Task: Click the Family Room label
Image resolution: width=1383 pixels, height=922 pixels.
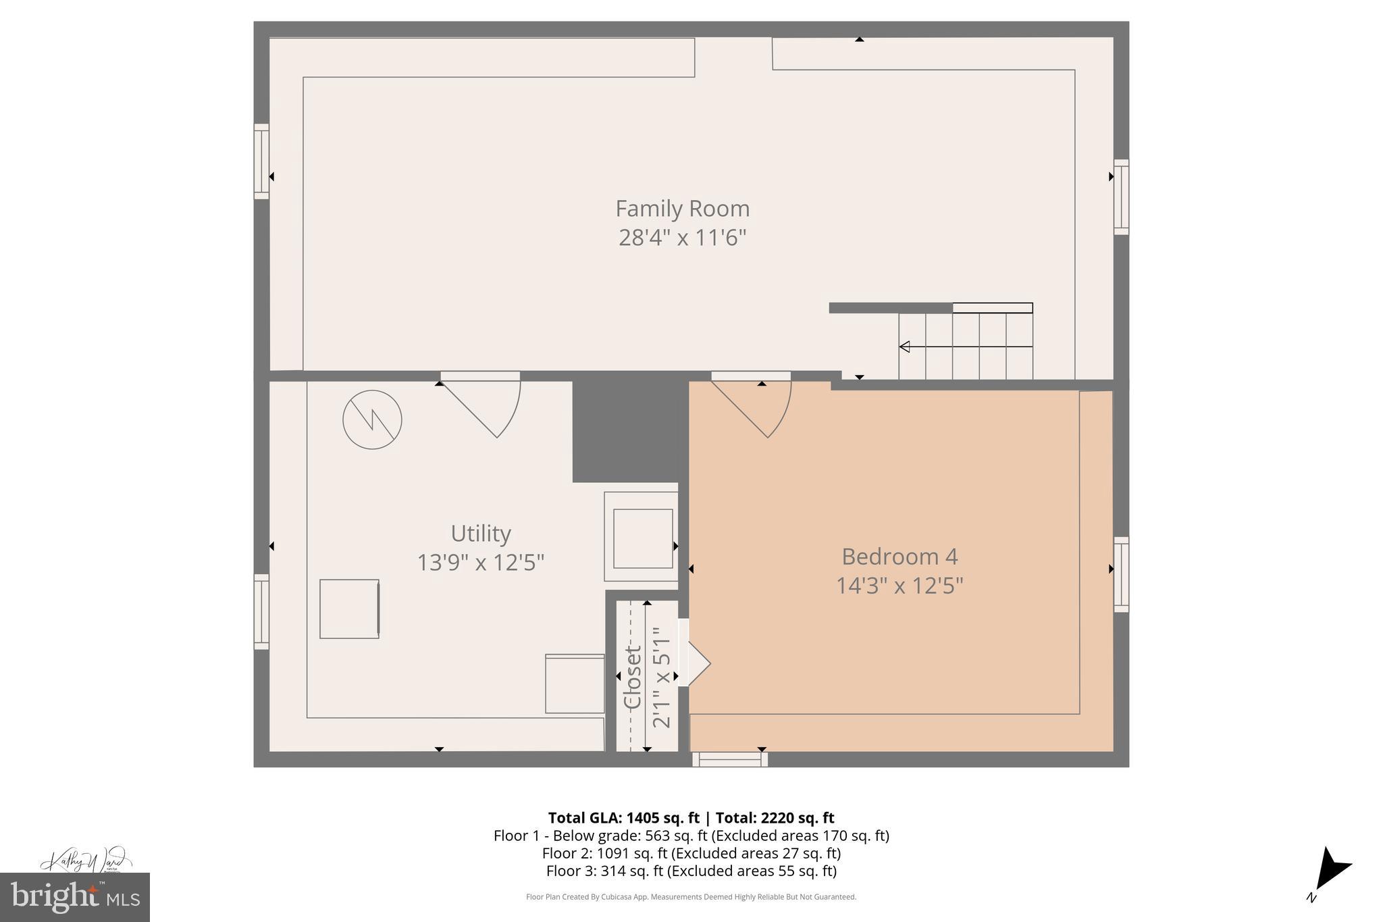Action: pyautogui.click(x=682, y=209)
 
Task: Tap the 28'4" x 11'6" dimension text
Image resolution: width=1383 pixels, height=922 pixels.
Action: pyautogui.click(x=682, y=238)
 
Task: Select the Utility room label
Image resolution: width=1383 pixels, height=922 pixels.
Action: pyautogui.click(x=480, y=534)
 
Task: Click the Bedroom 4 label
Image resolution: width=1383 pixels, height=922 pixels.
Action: pyautogui.click(x=899, y=557)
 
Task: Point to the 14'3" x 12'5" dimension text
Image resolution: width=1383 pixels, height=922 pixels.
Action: pyautogui.click(x=899, y=586)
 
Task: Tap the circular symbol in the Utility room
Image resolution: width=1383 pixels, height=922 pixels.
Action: pyautogui.click(x=372, y=420)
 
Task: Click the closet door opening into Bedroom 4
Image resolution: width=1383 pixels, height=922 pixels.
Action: pyautogui.click(x=696, y=663)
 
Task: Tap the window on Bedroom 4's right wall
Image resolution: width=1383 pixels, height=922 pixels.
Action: pyautogui.click(x=1121, y=574)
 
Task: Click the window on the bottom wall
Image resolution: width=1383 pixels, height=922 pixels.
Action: pyautogui.click(x=729, y=759)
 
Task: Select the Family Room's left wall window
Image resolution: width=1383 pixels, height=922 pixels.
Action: pyautogui.click(x=261, y=161)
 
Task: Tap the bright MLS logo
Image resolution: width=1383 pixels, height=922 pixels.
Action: pyautogui.click(x=74, y=897)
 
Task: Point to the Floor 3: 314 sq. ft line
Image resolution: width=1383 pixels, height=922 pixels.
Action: pyautogui.click(x=691, y=871)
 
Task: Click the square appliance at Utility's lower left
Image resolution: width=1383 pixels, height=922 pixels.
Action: pyautogui.click(x=349, y=609)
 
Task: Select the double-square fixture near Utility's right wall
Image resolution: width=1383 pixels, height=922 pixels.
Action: pyautogui.click(x=642, y=538)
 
